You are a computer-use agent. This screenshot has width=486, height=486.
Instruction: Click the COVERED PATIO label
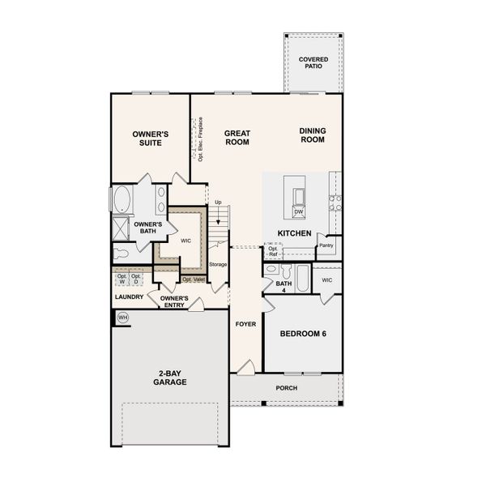(313, 62)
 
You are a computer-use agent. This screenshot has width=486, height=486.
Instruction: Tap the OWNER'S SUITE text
(151, 138)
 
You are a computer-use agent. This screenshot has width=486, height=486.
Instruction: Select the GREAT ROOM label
(237, 138)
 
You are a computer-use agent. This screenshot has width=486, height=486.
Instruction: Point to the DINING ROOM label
(312, 134)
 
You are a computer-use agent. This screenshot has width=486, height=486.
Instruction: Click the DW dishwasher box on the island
(298, 212)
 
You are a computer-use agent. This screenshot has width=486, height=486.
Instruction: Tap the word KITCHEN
(295, 233)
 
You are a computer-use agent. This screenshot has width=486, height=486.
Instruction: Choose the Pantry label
(326, 245)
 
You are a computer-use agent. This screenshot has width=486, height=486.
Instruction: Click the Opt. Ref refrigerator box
(273, 251)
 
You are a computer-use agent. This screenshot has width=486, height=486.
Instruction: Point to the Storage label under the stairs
(218, 264)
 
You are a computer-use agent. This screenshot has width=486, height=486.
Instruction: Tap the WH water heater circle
(122, 318)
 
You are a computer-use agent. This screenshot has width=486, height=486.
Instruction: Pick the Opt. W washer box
(122, 279)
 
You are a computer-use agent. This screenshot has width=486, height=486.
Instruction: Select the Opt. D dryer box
(136, 279)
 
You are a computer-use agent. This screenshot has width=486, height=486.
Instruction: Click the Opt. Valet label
(193, 279)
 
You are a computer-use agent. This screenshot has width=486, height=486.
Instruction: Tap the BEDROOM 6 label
(303, 334)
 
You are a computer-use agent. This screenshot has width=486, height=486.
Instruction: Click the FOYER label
(245, 323)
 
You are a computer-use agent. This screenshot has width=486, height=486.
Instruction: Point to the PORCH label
(286, 388)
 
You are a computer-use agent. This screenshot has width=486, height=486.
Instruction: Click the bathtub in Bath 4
(301, 277)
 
